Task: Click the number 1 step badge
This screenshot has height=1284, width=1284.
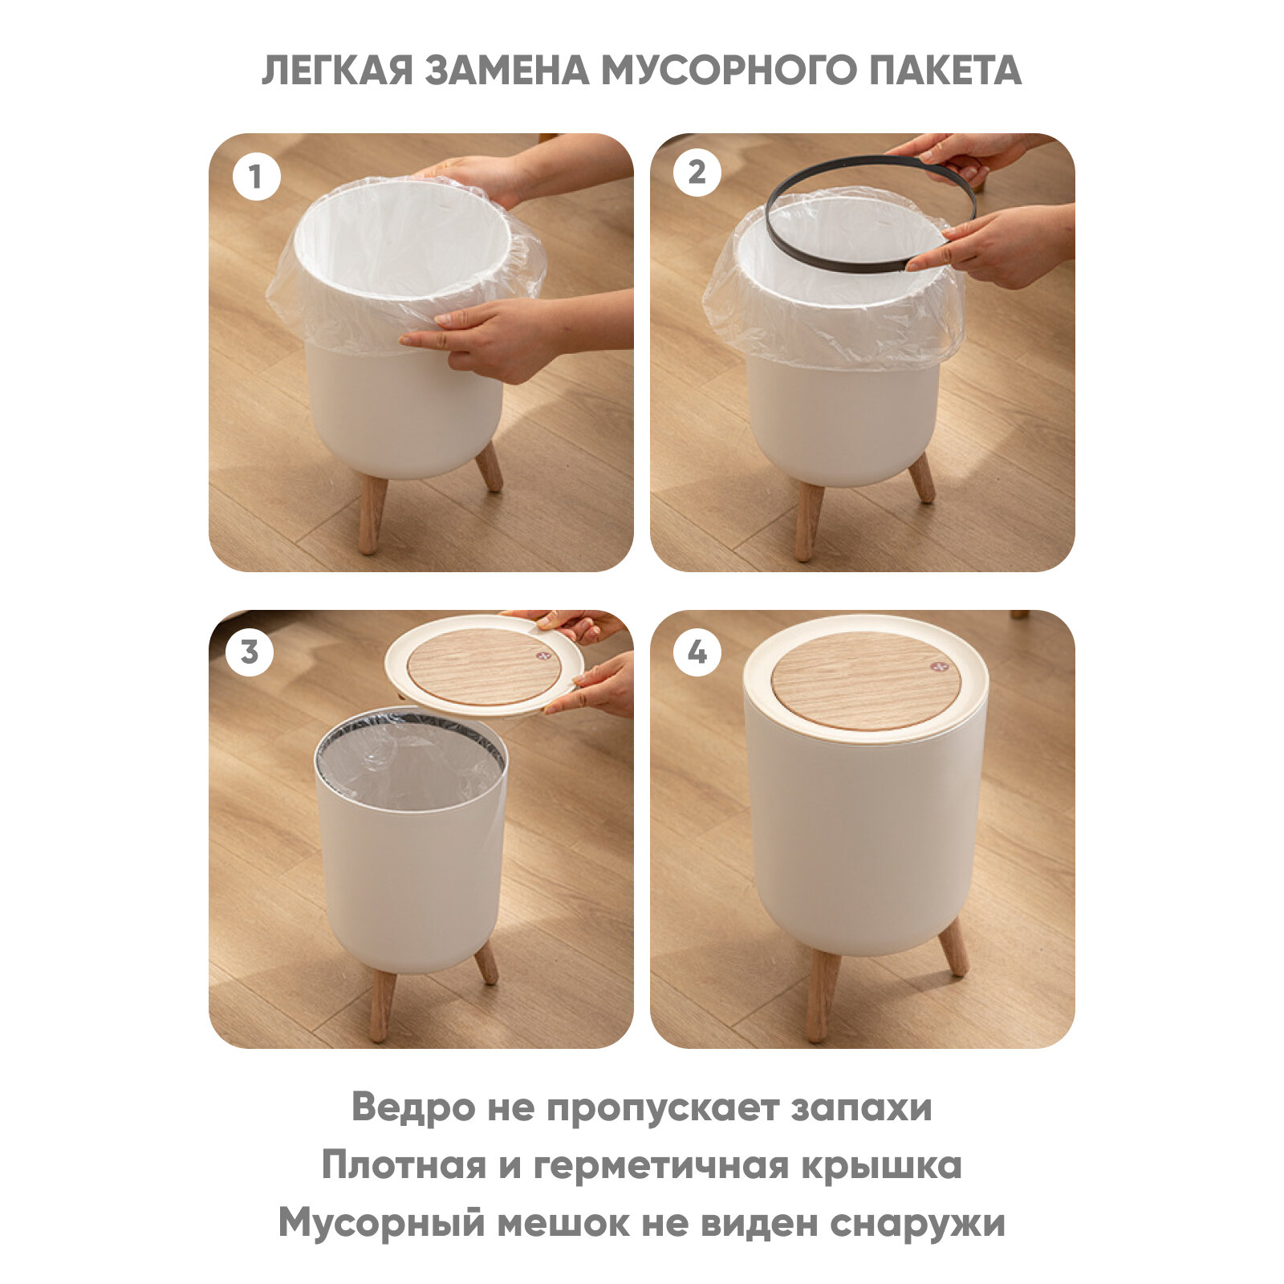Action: pyautogui.click(x=256, y=177)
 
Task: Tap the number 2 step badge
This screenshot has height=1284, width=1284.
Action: pyautogui.click(x=697, y=173)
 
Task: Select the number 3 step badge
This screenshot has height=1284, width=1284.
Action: pyautogui.click(x=250, y=652)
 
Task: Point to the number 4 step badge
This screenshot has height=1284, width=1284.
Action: pyautogui.click(x=697, y=652)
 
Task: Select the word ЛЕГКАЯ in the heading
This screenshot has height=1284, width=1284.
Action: pyautogui.click(x=338, y=71)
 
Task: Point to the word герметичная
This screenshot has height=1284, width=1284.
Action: pyautogui.click(x=660, y=1167)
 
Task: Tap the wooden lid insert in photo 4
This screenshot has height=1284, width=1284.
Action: pyautogui.click(x=866, y=680)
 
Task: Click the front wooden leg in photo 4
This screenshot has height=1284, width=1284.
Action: pyautogui.click(x=822, y=995)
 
